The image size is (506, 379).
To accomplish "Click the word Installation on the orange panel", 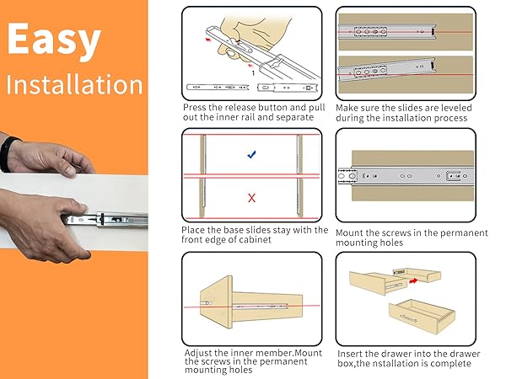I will point(74,84).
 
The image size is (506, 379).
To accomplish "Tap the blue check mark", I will point(250,154).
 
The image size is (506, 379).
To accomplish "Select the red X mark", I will point(250,199).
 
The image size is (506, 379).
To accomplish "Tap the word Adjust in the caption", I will point(200,352).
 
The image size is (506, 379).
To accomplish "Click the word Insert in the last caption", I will point(351,354).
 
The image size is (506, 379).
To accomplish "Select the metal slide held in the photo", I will point(118,221).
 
